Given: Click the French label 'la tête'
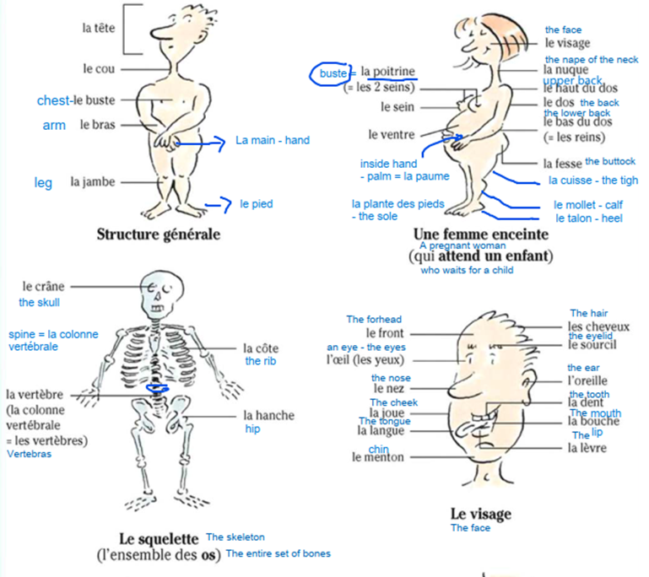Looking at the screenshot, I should [x=98, y=28].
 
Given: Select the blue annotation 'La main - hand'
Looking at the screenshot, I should [x=273, y=140].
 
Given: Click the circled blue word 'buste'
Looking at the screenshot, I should [x=333, y=74].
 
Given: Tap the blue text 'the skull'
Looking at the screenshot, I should [x=39, y=302].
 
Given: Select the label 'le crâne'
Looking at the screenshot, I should [x=43, y=287].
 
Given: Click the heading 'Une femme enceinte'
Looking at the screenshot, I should [x=480, y=234].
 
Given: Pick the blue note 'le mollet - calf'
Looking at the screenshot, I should [x=588, y=204].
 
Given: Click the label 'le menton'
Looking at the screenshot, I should [x=377, y=457].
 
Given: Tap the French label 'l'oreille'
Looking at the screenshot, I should [x=587, y=380].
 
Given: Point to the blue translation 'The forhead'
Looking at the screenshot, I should [x=374, y=319].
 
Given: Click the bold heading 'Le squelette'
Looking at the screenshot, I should [x=159, y=537].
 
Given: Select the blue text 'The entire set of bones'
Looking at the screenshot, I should [x=278, y=553].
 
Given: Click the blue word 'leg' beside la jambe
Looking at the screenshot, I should [x=43, y=182].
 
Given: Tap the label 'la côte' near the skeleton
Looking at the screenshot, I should [x=260, y=348].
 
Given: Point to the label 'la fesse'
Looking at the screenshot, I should [x=562, y=164].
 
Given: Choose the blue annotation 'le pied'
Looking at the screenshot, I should [x=256, y=203].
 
